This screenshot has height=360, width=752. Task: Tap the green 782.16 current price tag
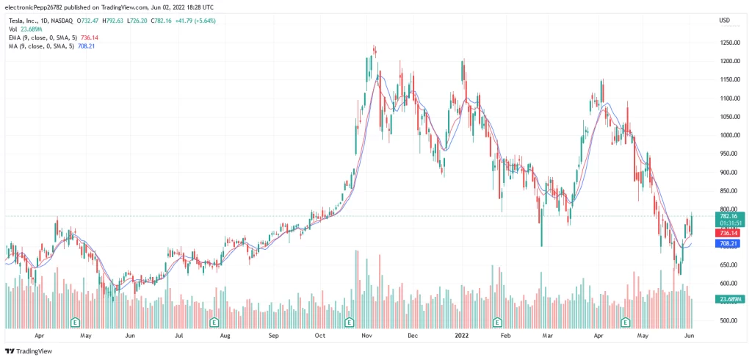coord(729,216)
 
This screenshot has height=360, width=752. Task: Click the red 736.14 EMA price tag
coord(729,233)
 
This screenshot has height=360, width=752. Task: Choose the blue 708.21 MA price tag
coord(729,242)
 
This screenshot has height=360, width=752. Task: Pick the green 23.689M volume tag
coord(729,299)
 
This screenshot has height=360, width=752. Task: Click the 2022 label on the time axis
coord(462,335)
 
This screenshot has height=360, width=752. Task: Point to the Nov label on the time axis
coord(367,335)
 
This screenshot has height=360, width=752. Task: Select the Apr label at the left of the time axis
coord(40,335)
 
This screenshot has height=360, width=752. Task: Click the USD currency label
coord(724,20)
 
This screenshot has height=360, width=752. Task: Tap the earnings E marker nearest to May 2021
coord(75,322)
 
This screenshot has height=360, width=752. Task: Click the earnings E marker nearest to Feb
coord(497,322)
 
